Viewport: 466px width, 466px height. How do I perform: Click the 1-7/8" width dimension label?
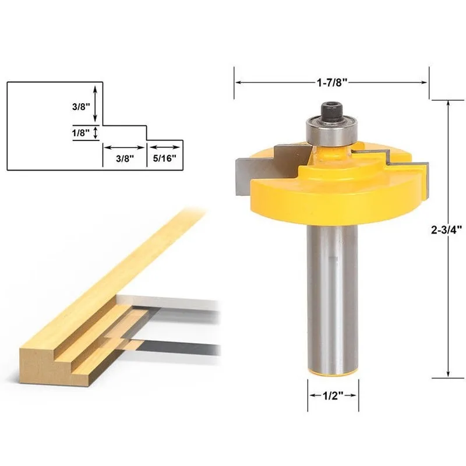coord(332,82)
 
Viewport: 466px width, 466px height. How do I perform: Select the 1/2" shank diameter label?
coord(333,396)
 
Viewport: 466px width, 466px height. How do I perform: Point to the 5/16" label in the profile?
coord(165,158)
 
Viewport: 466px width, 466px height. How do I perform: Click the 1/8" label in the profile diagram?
coord(81,133)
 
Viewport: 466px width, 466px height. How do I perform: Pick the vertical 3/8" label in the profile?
coord(81,107)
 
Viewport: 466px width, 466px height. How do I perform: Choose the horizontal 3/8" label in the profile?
coord(125,158)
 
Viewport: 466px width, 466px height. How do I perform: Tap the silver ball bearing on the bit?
coord(331,132)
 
